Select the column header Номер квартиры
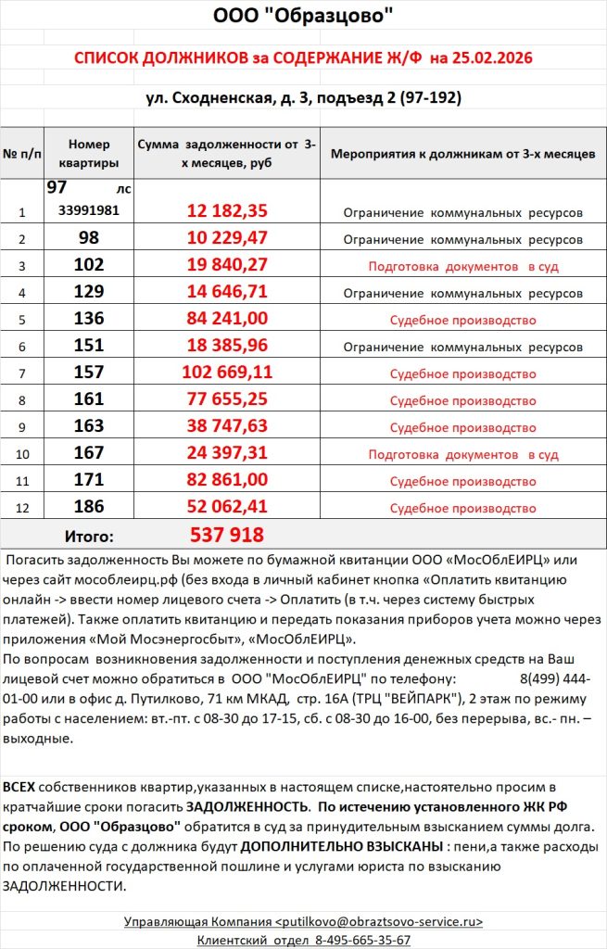pos(89,154)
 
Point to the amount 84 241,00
pos(227,319)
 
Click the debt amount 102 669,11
pos(227,373)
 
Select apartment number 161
pos(89,400)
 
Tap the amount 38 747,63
pos(227,427)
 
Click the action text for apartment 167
pos(462,455)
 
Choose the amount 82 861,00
pos(227,481)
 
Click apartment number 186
pos(89,508)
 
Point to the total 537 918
pos(227,535)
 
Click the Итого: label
pos(89,536)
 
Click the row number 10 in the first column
pos(23,455)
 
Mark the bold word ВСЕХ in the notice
pos(19,786)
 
